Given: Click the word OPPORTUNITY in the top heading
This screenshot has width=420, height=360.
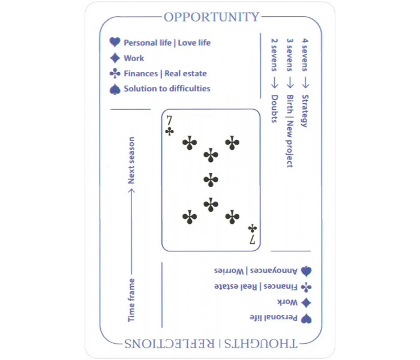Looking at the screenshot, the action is pos(211,17).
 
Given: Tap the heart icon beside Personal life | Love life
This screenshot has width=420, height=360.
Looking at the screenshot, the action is pos(115,42).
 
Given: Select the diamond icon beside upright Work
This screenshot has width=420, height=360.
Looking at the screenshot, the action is pos(115,58).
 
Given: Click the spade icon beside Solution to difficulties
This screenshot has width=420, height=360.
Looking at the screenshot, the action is pos(115,89).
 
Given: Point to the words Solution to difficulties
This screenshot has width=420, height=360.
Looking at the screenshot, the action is pos(167,89).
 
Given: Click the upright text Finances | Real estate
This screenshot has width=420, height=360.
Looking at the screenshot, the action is pos(165,73).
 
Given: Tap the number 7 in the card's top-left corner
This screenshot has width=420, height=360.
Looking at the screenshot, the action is pos(169,121).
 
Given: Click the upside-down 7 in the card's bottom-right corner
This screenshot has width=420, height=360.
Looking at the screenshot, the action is pos(253,239).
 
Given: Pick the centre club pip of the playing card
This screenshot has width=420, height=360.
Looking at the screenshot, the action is pos(211,180).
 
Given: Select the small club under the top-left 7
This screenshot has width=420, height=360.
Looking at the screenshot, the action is pos(169,131).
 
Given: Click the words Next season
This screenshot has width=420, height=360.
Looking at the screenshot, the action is pos(131,160).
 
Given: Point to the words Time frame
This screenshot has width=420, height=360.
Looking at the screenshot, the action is pos(131,300).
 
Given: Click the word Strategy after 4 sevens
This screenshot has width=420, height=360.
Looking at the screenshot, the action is pos(305,111).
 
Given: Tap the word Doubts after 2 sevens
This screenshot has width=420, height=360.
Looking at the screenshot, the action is pos(275,109).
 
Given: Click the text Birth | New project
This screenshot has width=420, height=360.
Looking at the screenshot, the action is pos(290,131).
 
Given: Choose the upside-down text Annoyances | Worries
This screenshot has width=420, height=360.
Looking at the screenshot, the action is pos(256,271).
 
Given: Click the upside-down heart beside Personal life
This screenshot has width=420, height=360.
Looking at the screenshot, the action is pos(306,319).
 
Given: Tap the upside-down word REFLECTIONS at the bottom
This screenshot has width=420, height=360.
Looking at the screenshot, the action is pos(170,344).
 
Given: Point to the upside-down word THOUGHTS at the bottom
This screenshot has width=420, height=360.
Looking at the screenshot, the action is pos(260,344).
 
